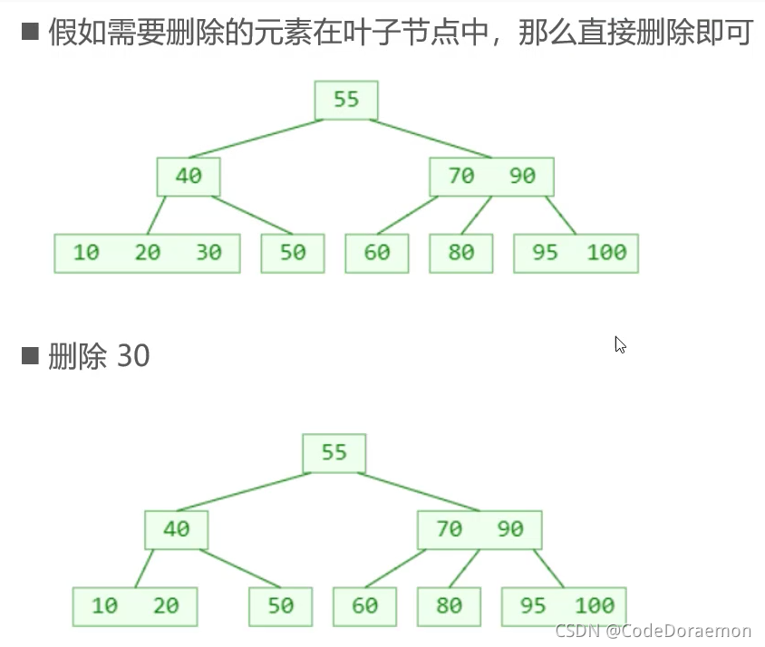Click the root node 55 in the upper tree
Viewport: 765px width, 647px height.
pyautogui.click(x=346, y=100)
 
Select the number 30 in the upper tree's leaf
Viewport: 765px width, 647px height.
pyautogui.click(x=208, y=253)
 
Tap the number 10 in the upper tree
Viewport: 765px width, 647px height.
pyautogui.click(x=86, y=253)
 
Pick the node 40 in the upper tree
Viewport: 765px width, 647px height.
pyautogui.click(x=189, y=177)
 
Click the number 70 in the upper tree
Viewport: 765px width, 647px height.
pyautogui.click(x=461, y=177)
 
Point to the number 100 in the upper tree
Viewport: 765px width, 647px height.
pyautogui.click(x=606, y=253)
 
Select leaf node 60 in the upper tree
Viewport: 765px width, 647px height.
pyautogui.click(x=376, y=253)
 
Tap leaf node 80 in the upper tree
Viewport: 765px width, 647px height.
pyautogui.click(x=460, y=253)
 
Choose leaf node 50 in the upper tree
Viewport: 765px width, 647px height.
pyautogui.click(x=293, y=253)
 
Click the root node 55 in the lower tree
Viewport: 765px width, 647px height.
pyautogui.click(x=334, y=452)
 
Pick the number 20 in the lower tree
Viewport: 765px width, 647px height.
pyautogui.click(x=166, y=605)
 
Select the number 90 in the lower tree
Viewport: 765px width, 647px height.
pyautogui.click(x=510, y=529)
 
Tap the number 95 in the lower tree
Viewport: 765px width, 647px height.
pyautogui.click(x=533, y=605)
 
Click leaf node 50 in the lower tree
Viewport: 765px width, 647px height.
pyautogui.click(x=281, y=605)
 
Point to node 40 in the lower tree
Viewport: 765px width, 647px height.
pyautogui.click(x=176, y=529)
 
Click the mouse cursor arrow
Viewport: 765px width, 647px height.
pyautogui.click(x=620, y=344)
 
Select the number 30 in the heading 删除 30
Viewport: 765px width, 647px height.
pyautogui.click(x=133, y=356)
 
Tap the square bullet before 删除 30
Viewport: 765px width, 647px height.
pyautogui.click(x=31, y=355)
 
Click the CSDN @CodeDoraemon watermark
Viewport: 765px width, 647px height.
pyautogui.click(x=653, y=631)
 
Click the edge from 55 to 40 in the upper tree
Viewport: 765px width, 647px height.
pyautogui.click(x=256, y=139)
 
